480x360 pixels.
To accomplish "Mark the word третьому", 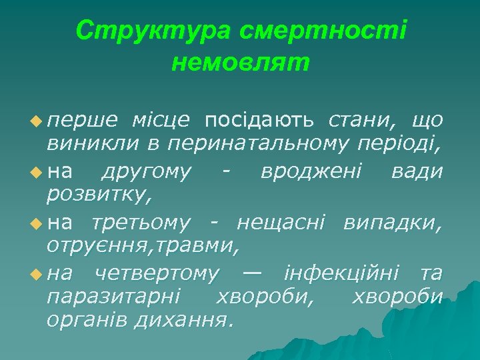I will [141, 222].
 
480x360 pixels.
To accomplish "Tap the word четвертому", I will [156, 273].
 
